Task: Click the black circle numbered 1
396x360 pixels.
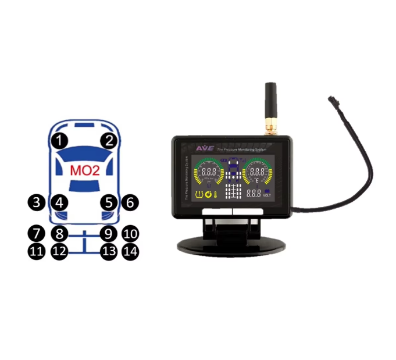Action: click(59, 140)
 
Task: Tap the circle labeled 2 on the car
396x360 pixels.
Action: click(108, 140)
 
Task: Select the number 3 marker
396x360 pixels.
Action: click(37, 202)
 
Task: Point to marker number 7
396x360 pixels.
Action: click(37, 234)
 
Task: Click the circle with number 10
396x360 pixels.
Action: click(131, 234)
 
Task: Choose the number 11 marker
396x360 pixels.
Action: click(37, 251)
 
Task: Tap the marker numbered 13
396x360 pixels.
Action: click(108, 251)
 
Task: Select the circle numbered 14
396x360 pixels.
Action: click(131, 251)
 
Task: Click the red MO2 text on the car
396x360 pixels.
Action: click(84, 171)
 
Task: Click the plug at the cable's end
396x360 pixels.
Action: click(333, 99)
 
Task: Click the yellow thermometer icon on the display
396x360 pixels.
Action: click(216, 194)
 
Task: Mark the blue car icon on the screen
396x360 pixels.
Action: click(234, 172)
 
